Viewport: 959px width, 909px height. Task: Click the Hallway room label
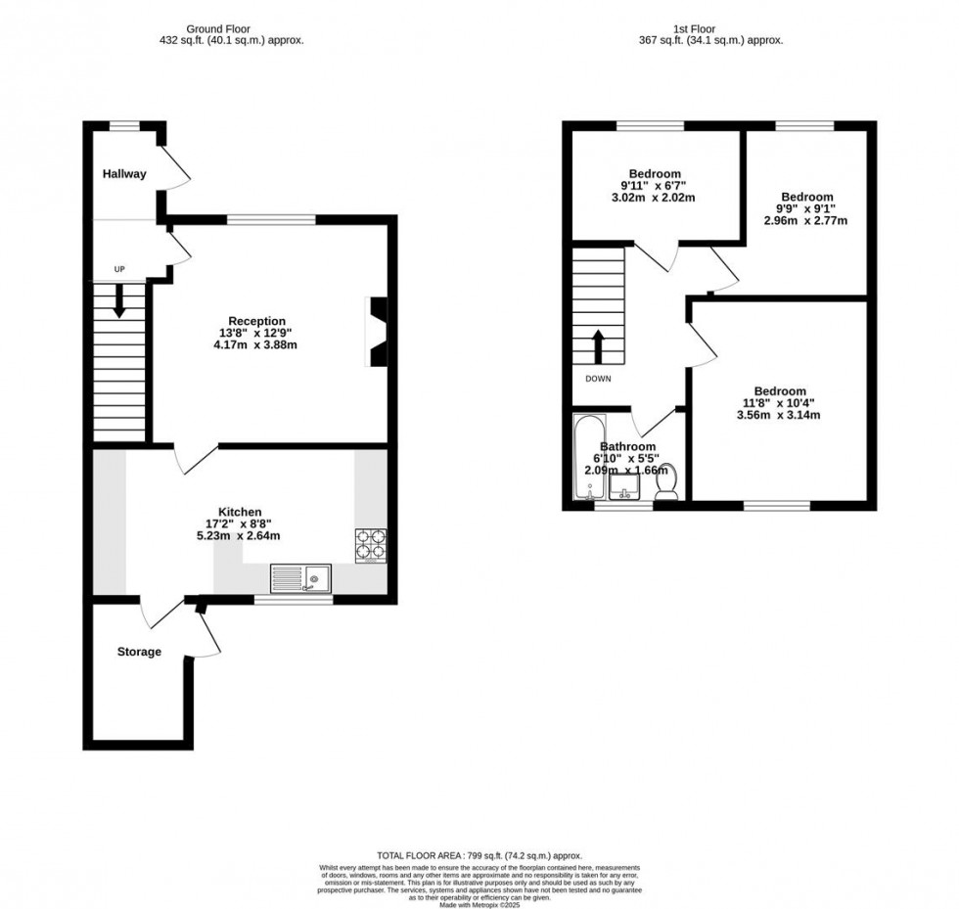tap(124, 174)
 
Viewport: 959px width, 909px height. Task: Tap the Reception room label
tap(256, 321)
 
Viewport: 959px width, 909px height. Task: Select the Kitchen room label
tap(240, 512)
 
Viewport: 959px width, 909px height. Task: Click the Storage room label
tap(139, 652)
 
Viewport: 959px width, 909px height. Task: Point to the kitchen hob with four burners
tap(371, 546)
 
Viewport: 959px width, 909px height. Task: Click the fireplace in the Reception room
tap(377, 332)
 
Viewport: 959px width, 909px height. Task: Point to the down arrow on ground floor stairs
tap(119, 300)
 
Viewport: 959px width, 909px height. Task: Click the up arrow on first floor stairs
tap(597, 345)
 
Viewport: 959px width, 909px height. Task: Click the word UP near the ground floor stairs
tap(119, 269)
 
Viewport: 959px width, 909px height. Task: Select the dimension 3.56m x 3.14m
tap(779, 415)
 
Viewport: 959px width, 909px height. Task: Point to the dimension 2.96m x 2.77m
tap(805, 220)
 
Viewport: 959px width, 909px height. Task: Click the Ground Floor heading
tap(231, 28)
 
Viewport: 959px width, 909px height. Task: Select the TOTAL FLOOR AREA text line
tap(479, 855)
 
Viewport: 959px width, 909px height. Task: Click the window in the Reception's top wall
tap(272, 219)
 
